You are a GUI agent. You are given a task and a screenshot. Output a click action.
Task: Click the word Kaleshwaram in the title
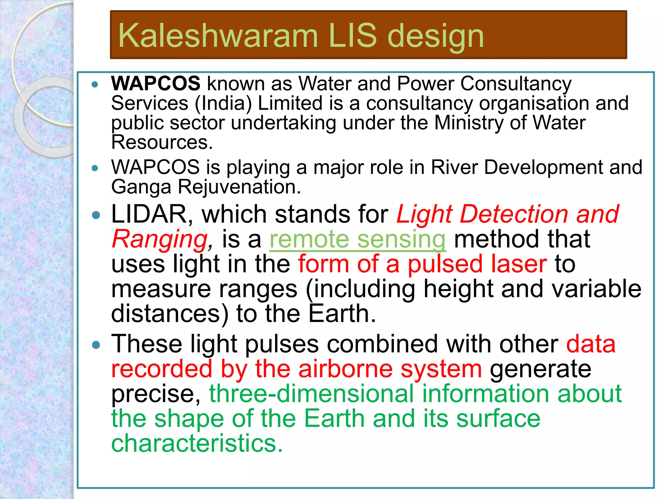click(x=218, y=36)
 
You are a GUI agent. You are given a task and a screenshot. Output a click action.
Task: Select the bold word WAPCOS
click(x=156, y=83)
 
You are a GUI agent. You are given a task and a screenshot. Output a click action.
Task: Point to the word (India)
click(x=223, y=103)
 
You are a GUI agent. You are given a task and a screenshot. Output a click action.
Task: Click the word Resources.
click(x=162, y=142)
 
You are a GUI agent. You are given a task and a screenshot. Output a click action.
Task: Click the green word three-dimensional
click(x=311, y=394)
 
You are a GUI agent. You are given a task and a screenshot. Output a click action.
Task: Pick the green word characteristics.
click(x=197, y=443)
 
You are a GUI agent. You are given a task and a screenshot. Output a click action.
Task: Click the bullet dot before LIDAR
click(x=96, y=215)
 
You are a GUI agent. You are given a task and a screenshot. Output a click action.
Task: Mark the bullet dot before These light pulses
click(x=96, y=345)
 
